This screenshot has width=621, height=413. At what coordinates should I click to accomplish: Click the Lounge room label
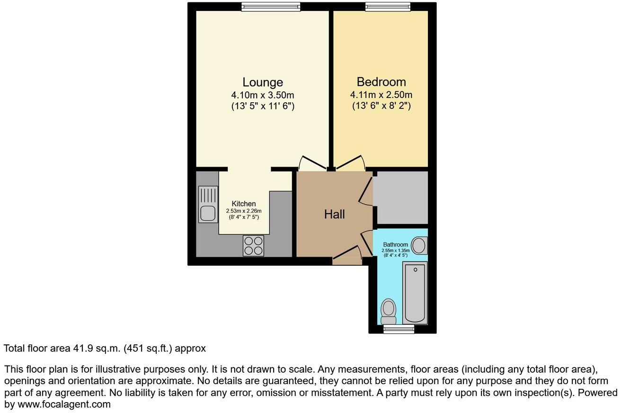(x=263, y=82)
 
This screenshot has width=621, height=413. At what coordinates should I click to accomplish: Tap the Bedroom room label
(x=381, y=81)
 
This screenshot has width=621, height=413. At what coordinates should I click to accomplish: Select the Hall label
(x=334, y=214)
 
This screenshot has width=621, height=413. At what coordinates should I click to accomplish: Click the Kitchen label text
(x=243, y=204)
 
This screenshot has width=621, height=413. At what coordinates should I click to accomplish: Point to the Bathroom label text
(x=395, y=245)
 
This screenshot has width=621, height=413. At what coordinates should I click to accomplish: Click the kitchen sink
(x=208, y=205)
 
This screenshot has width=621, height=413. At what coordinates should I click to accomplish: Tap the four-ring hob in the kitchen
(x=253, y=246)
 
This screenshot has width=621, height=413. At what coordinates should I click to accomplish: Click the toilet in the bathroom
(x=389, y=311)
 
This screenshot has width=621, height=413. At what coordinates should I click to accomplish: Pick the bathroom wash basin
(x=419, y=245)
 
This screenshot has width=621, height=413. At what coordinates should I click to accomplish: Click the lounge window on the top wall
(x=270, y=6)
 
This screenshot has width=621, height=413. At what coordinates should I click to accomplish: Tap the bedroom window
(x=388, y=6)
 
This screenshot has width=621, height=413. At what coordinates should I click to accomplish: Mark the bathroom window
(x=399, y=329)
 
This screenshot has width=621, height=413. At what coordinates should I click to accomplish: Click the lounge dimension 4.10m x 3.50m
(x=263, y=95)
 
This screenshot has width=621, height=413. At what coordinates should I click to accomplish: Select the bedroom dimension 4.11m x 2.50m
(x=381, y=95)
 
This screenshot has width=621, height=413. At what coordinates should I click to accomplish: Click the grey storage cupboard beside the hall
(x=402, y=197)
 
